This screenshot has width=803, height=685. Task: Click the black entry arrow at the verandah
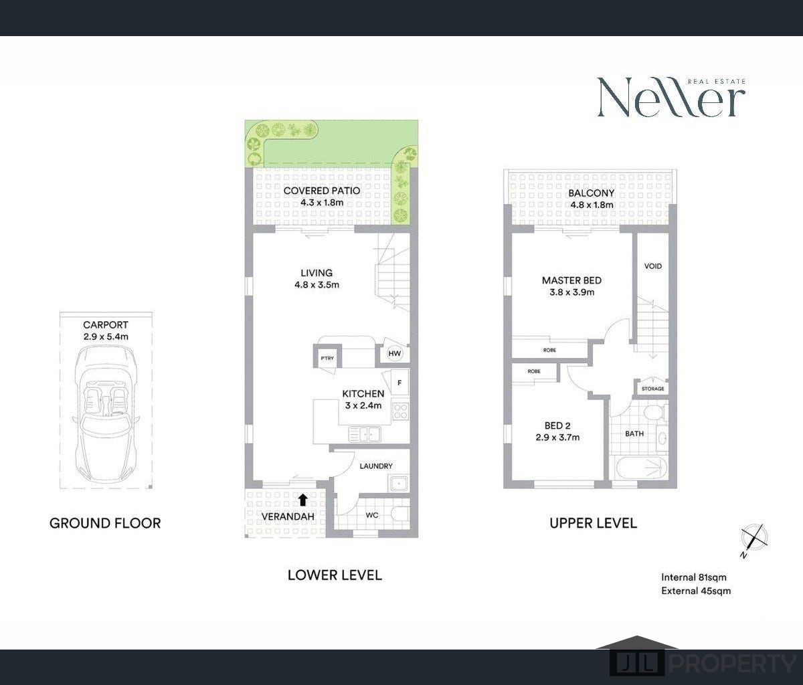302,499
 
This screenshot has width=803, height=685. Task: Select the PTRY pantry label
327,358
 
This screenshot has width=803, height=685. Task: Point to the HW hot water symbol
395,354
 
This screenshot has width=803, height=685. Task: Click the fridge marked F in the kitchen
399,383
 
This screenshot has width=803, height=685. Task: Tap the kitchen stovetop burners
400,411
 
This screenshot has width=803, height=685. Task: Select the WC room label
372,516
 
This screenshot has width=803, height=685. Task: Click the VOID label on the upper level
652,266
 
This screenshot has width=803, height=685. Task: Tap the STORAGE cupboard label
652,389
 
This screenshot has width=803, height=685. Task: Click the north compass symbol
754,538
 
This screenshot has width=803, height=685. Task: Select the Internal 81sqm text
694,577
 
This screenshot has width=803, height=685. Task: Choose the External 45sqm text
696,591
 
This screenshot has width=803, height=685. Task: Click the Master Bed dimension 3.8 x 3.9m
571,292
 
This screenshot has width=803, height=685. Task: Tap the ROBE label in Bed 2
534,371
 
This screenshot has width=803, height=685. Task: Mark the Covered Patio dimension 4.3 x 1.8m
321,202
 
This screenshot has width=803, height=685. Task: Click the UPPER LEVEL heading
593,523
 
